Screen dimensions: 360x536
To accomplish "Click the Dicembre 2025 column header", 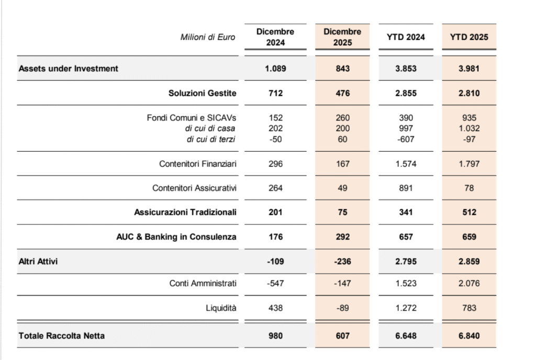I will (342, 37).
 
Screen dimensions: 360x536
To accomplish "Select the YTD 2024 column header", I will (406, 37).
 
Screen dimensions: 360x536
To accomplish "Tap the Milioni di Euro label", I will (208, 37).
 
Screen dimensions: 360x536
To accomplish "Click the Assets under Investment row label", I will (69, 68).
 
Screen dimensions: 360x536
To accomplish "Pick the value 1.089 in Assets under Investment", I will (275, 68).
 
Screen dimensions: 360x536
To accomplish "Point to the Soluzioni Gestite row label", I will (202, 93).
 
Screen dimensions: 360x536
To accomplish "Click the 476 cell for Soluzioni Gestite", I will (342, 93).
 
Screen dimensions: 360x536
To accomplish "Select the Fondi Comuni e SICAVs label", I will (192, 118).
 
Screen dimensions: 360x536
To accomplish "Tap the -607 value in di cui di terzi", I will (406, 138).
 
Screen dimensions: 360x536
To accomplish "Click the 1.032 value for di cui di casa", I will (470, 128).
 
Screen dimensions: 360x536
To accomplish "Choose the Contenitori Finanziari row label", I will (198, 164).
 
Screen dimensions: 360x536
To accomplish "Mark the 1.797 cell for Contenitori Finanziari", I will (470, 164).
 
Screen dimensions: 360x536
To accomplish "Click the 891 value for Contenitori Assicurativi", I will (406, 188).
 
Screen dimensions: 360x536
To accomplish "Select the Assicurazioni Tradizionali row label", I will (185, 212).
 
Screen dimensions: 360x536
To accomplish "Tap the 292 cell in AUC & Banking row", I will (342, 237).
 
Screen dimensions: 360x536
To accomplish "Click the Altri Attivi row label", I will (38, 261).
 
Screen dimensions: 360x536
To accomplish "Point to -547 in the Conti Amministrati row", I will (275, 283).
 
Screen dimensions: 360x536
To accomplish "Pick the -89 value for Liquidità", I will (342, 308).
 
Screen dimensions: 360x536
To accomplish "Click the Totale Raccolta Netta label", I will (62, 335).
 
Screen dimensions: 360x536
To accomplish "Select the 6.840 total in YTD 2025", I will (470, 335).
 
